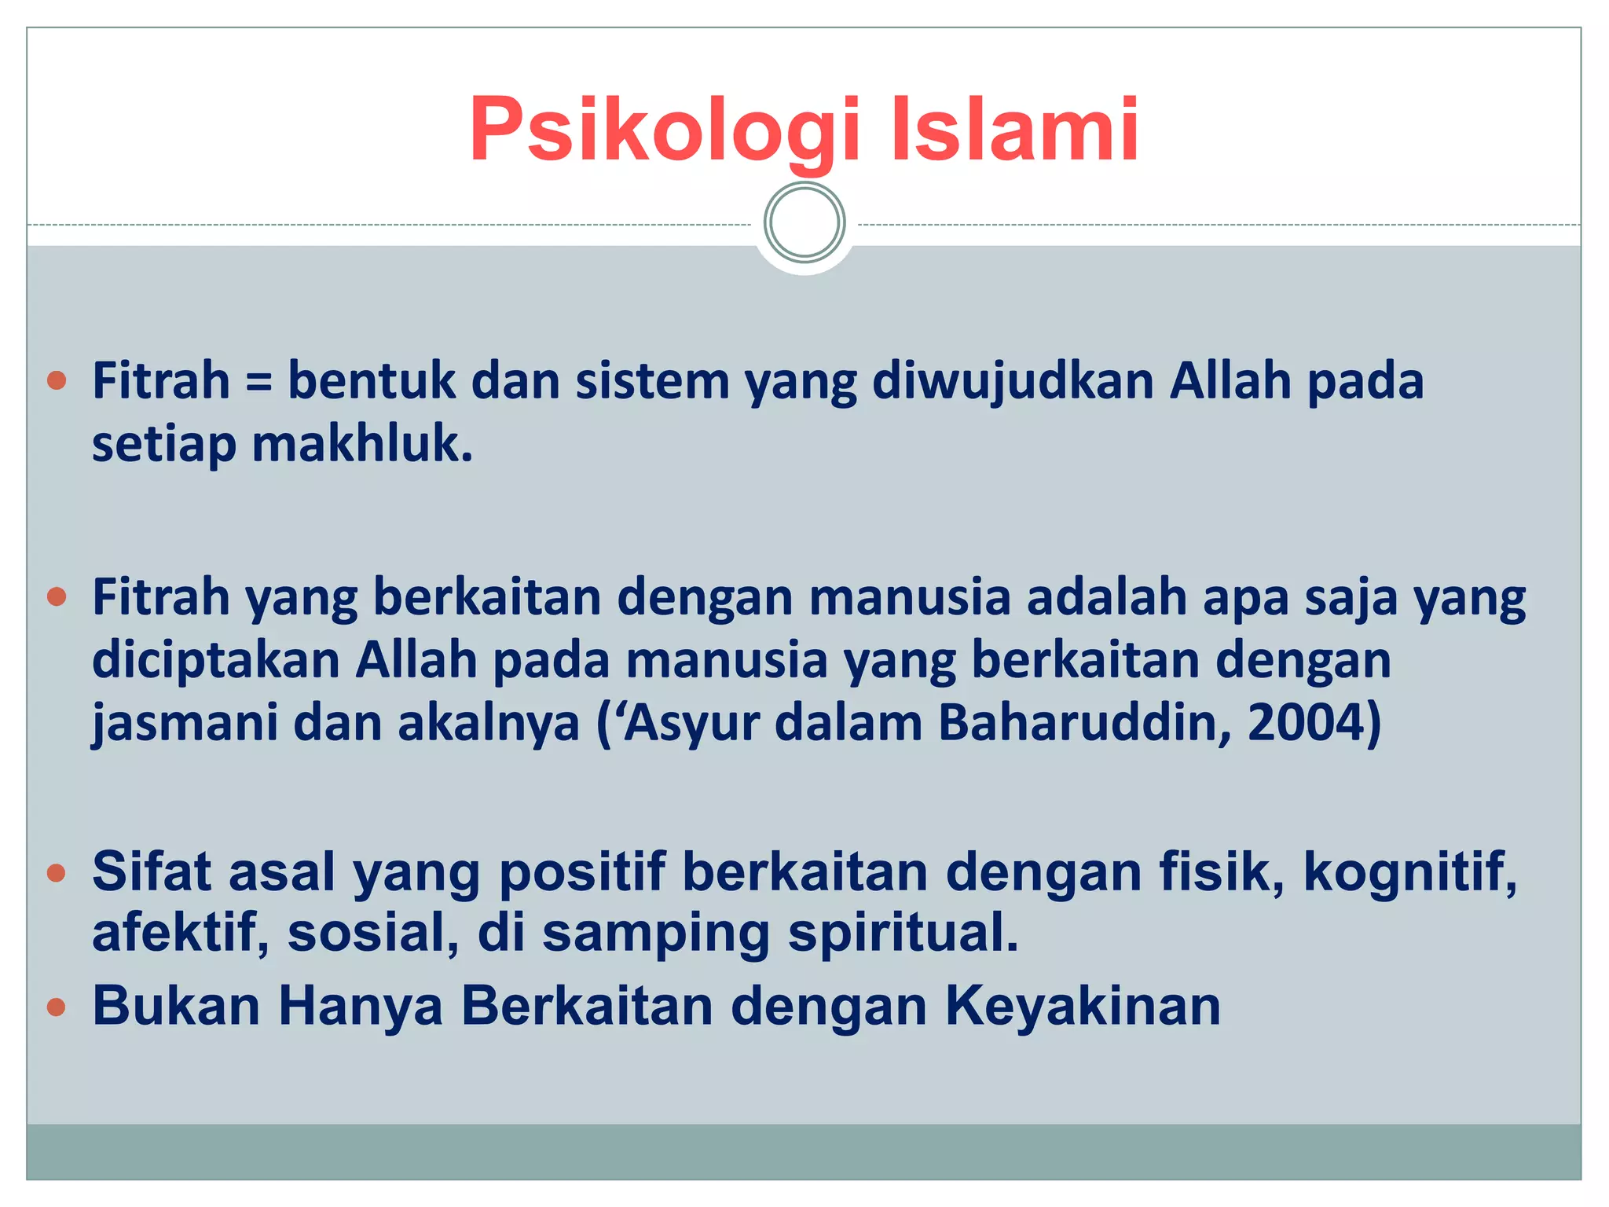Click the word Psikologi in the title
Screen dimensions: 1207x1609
click(x=664, y=130)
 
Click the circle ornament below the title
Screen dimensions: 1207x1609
click(x=804, y=222)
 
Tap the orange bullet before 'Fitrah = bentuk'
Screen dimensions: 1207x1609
click(x=57, y=382)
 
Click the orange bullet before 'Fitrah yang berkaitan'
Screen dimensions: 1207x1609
click(x=57, y=597)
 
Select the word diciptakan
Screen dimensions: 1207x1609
click(x=215, y=660)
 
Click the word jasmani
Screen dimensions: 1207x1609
click(x=185, y=723)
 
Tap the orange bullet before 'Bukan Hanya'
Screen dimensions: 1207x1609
click(x=57, y=1007)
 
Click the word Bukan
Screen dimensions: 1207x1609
click(x=176, y=1007)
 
